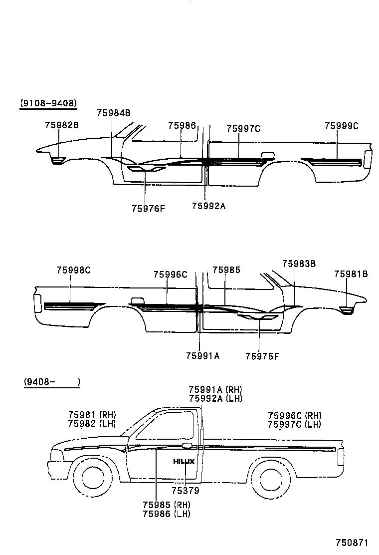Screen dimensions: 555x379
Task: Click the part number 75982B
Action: coord(61,125)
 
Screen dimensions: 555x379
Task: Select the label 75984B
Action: coord(114,113)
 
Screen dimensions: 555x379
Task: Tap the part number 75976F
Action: coord(148,209)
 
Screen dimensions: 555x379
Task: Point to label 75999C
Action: coord(342,126)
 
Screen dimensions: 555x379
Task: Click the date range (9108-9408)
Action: coord(48,103)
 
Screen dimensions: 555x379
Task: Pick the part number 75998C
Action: coord(73,270)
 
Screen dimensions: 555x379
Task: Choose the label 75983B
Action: coord(299,264)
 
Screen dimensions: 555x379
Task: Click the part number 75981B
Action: coord(351,274)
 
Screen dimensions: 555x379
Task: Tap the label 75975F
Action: coord(262,356)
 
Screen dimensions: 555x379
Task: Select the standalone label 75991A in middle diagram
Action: coord(203,356)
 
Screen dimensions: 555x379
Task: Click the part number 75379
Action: coord(186,491)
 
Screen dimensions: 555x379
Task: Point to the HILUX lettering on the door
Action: coord(184,462)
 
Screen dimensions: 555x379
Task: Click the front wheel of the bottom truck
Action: coord(93,478)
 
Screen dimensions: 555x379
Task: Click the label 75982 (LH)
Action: coord(92,423)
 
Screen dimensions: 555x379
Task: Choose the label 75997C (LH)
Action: coord(294,424)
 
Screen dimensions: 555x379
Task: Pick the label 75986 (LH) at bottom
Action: coord(166,514)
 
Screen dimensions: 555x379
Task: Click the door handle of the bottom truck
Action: coord(188,445)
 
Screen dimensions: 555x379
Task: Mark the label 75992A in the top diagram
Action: coord(209,205)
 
